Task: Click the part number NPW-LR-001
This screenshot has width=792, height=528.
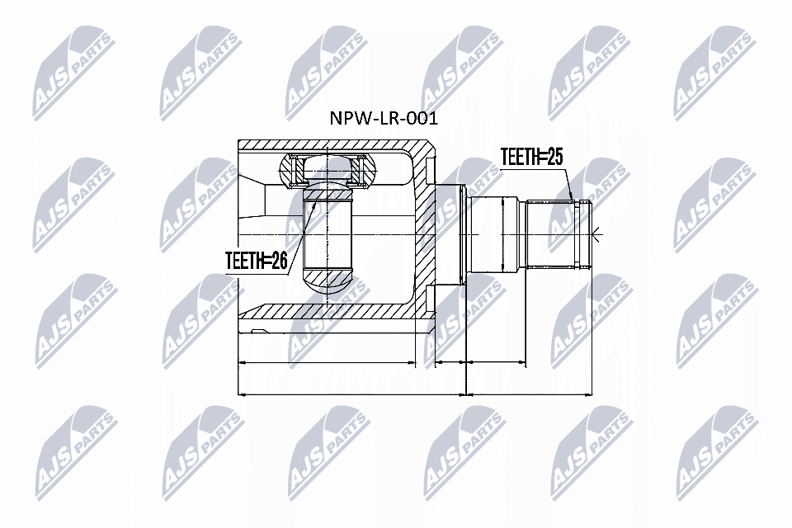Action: pyautogui.click(x=384, y=118)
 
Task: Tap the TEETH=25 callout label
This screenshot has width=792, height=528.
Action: pyautogui.click(x=531, y=158)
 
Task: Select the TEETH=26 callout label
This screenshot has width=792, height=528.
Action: pyautogui.click(x=256, y=262)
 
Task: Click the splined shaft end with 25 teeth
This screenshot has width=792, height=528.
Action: pyautogui.click(x=561, y=234)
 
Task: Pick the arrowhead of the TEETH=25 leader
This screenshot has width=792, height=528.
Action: pyautogui.click(x=573, y=200)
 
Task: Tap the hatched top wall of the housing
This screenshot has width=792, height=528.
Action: pyautogui.click(x=330, y=146)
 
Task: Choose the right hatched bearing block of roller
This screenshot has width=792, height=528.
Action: pyautogui.click(x=361, y=172)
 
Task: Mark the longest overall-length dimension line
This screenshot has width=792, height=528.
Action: pyautogui.click(x=412, y=394)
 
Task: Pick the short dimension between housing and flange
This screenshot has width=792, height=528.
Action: pyautogui.click(x=450, y=361)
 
